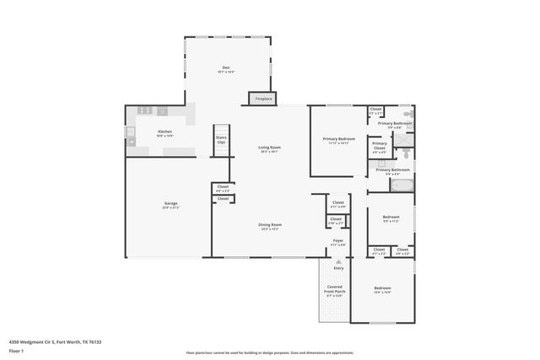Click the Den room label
point(225,69)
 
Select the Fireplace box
point(263,99)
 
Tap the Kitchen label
point(165,133)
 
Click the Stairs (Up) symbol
point(221,140)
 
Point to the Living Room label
point(269,149)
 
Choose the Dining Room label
point(270,226)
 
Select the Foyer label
point(337,242)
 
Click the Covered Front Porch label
point(335,291)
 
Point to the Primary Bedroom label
point(339,140)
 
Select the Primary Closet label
point(380,147)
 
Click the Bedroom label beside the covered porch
point(382,291)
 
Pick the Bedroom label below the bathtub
point(391,218)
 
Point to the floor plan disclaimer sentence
point(269,352)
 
